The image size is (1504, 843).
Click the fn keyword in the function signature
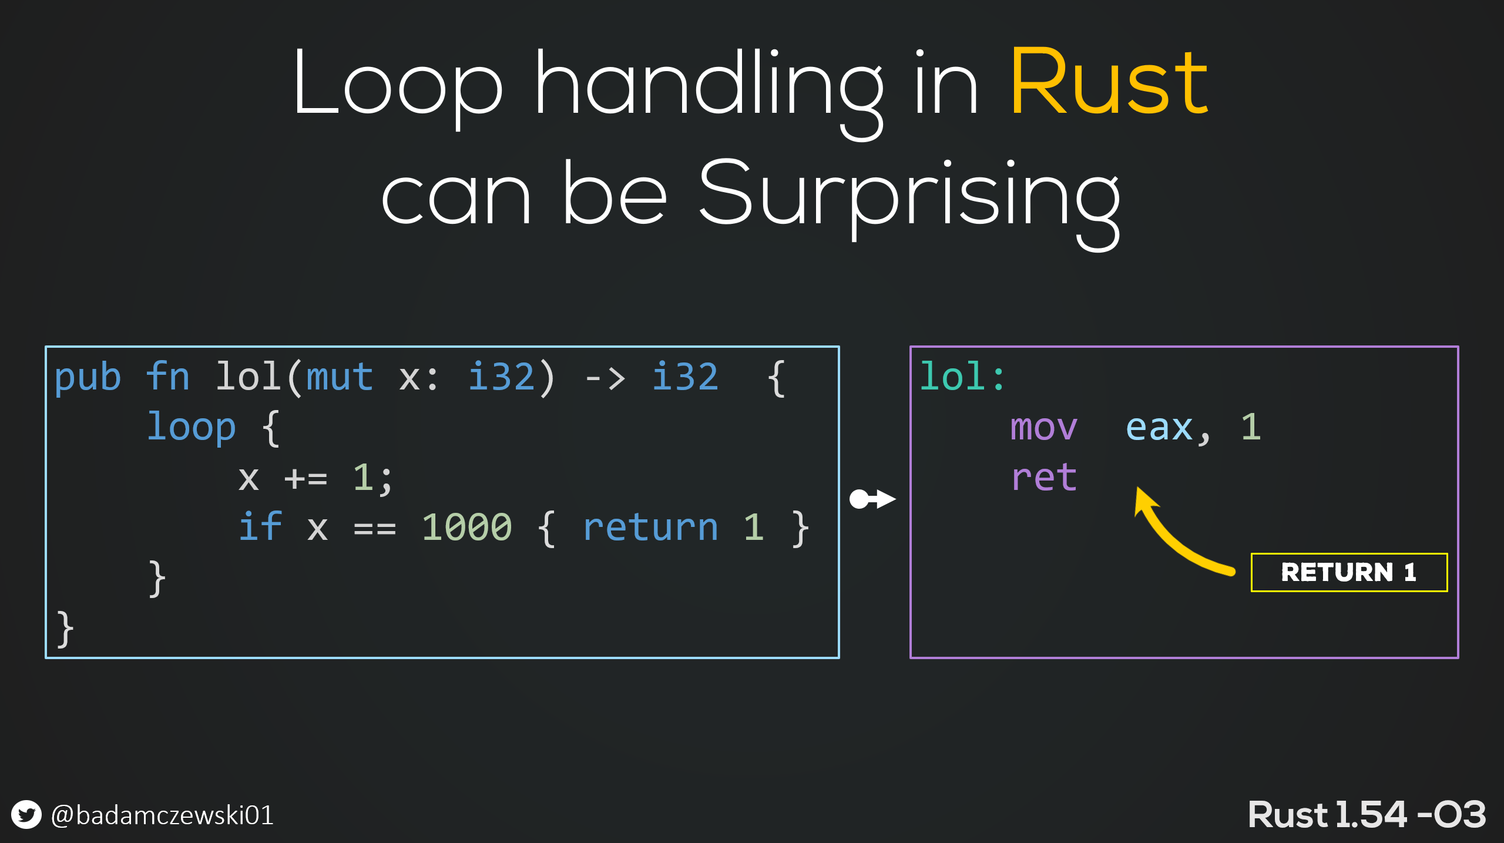[168, 377]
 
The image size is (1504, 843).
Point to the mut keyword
[340, 377]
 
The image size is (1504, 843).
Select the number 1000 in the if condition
[467, 527]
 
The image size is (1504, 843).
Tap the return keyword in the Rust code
[650, 527]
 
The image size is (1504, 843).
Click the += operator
[305, 479]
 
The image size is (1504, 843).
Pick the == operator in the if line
[374, 529]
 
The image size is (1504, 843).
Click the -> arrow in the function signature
[605, 378]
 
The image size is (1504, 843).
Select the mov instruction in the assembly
[1043, 428]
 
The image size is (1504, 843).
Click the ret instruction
[1043, 477]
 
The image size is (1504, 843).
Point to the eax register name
[1159, 428]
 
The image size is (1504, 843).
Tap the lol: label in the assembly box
[962, 377]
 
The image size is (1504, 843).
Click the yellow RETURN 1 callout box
[1349, 572]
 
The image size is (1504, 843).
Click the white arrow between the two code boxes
[872, 499]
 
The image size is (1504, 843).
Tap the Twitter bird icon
[26, 815]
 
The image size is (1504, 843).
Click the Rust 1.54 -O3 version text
[1367, 815]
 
